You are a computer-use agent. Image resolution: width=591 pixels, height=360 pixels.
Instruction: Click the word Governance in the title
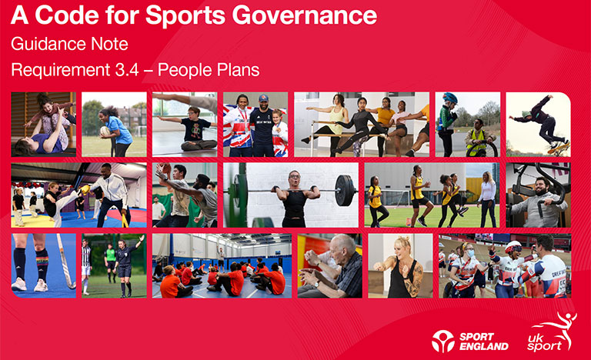click(304, 15)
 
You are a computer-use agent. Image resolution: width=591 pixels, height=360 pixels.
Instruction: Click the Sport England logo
click(470, 341)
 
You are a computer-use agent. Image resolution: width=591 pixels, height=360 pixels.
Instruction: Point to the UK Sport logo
click(552, 332)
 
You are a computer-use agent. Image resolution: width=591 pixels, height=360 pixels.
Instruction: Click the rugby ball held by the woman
click(105, 132)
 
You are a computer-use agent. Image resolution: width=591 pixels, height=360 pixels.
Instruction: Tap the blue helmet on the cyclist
click(450, 98)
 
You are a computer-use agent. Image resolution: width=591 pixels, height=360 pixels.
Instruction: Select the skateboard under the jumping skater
click(559, 149)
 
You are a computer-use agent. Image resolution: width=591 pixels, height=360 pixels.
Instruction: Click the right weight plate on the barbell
click(345, 190)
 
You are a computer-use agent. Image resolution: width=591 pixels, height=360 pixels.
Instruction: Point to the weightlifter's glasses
click(294, 176)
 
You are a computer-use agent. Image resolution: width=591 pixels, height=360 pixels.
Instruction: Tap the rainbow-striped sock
click(42, 263)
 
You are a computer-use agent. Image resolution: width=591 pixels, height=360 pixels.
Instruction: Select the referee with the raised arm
click(126, 265)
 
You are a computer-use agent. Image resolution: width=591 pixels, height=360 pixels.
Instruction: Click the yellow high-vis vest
click(476, 142)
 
